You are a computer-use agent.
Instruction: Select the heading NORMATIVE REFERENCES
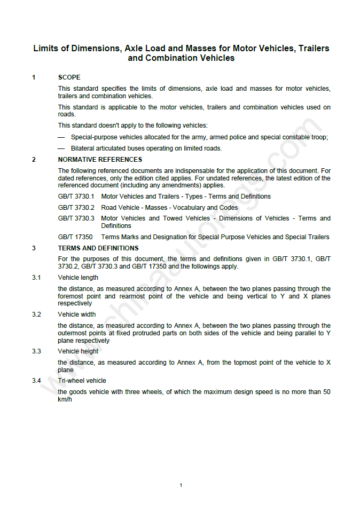[100, 160]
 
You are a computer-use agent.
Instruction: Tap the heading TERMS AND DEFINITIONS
[98, 248]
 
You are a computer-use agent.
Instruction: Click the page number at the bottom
[181, 485]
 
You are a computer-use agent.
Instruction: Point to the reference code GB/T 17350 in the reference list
[75, 237]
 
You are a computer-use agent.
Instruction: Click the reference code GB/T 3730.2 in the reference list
[76, 208]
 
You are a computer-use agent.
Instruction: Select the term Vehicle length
[78, 278]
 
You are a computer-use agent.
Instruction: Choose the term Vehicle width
[77, 315]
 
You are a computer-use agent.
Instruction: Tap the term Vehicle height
[78, 351]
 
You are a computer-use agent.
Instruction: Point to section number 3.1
[36, 278]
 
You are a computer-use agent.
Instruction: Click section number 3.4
[36, 381]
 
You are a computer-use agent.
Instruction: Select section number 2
[34, 160]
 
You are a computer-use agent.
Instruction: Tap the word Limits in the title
[46, 48]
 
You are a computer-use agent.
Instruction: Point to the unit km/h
[65, 399]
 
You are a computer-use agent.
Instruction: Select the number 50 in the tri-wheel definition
[326, 392]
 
